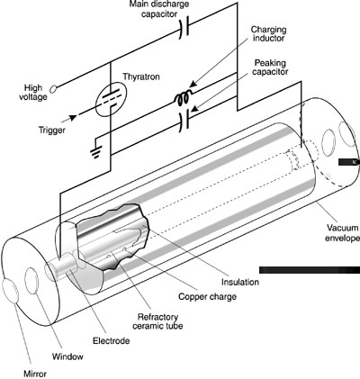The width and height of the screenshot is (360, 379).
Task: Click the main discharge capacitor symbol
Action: [184, 28]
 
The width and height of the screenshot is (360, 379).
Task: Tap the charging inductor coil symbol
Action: [183, 98]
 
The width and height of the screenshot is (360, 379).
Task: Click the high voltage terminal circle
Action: [53, 89]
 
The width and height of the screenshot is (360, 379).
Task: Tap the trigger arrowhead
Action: [73, 118]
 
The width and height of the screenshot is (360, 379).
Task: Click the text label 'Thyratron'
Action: [141, 77]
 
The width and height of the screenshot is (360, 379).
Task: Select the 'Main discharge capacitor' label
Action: [159, 9]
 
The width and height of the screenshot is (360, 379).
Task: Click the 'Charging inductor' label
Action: [268, 34]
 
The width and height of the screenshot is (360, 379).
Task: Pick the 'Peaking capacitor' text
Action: [270, 68]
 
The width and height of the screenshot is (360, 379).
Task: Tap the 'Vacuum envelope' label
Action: [342, 233]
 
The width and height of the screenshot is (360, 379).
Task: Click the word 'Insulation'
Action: [240, 282]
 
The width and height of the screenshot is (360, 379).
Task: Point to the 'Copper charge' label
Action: [207, 297]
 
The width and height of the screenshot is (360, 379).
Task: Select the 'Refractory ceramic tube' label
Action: [157, 321]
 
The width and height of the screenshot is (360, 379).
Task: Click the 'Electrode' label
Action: [111, 341]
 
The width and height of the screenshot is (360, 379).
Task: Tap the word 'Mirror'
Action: [35, 374]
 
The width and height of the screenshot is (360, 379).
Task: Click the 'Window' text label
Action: [67, 356]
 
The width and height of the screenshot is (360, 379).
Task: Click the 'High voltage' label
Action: [33, 93]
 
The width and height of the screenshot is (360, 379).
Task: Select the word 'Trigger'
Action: [52, 131]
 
